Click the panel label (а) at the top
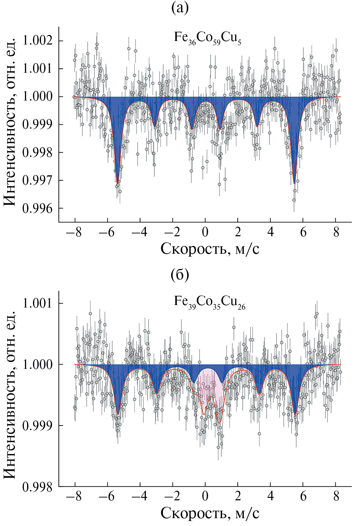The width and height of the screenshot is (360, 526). (x=180, y=8)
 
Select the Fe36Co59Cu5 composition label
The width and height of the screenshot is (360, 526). (x=207, y=38)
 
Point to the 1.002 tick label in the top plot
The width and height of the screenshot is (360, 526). (x=37, y=41)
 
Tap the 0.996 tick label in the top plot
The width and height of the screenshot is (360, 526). (x=37, y=208)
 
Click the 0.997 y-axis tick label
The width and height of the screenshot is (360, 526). (x=37, y=180)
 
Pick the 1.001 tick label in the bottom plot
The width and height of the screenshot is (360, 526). (x=37, y=303)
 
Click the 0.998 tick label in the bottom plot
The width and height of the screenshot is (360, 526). (x=37, y=486)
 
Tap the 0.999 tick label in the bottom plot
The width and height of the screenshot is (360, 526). (x=37, y=426)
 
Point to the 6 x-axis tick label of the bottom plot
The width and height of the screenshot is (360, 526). (x=303, y=496)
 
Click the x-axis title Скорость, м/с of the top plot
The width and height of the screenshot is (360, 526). (x=210, y=249)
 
